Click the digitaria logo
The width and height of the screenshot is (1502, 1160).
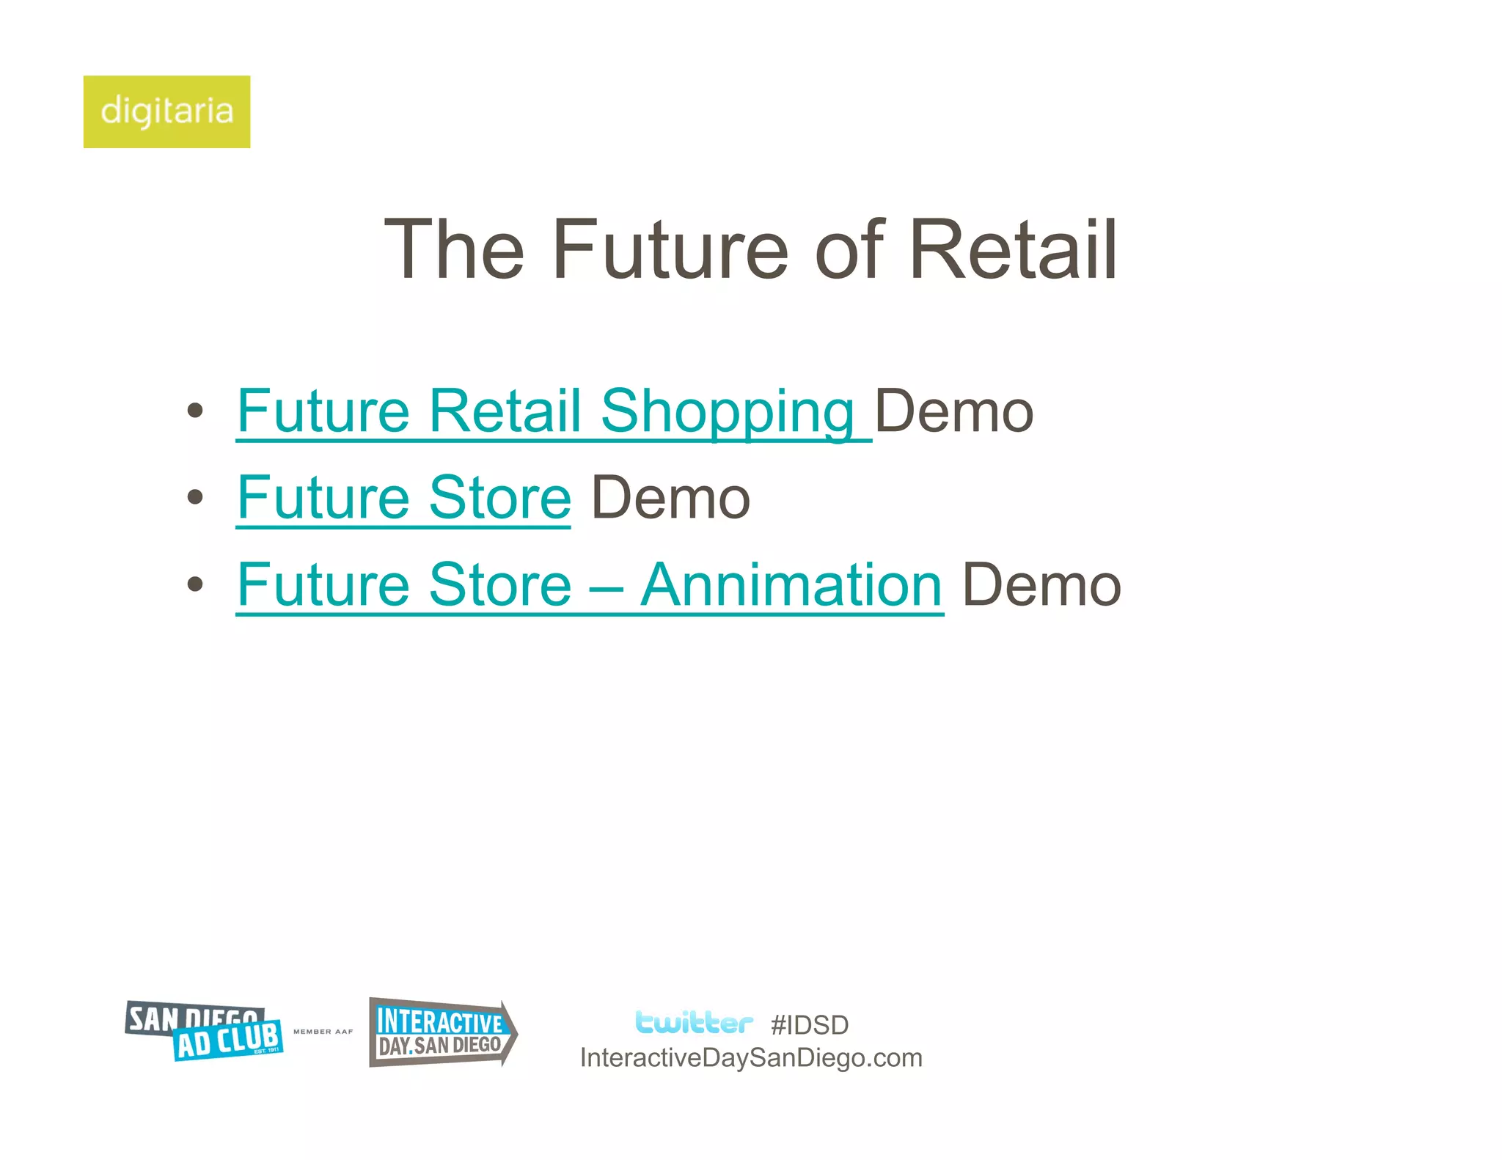click(166, 111)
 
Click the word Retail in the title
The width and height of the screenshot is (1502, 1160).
click(1013, 250)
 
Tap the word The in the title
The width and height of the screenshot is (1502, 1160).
click(455, 250)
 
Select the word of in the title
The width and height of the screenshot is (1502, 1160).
click(850, 250)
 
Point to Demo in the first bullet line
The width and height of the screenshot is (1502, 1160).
click(954, 411)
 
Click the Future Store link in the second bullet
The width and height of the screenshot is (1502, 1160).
click(403, 498)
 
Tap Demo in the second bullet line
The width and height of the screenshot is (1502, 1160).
click(670, 498)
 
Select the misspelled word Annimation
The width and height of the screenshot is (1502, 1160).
click(791, 585)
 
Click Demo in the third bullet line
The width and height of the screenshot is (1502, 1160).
click(1041, 585)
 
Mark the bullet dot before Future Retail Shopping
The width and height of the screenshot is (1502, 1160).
click(195, 411)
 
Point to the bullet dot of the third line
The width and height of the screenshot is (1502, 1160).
click(195, 584)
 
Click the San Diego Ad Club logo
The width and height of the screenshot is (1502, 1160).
click(205, 1031)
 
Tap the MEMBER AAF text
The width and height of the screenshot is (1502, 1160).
click(323, 1032)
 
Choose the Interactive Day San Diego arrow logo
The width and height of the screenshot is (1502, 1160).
click(442, 1032)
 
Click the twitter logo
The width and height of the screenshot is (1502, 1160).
click(693, 1022)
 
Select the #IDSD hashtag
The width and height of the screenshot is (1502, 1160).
click(810, 1025)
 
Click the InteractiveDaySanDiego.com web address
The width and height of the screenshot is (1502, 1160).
click(751, 1058)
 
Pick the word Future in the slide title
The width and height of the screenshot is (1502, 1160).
click(670, 250)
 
